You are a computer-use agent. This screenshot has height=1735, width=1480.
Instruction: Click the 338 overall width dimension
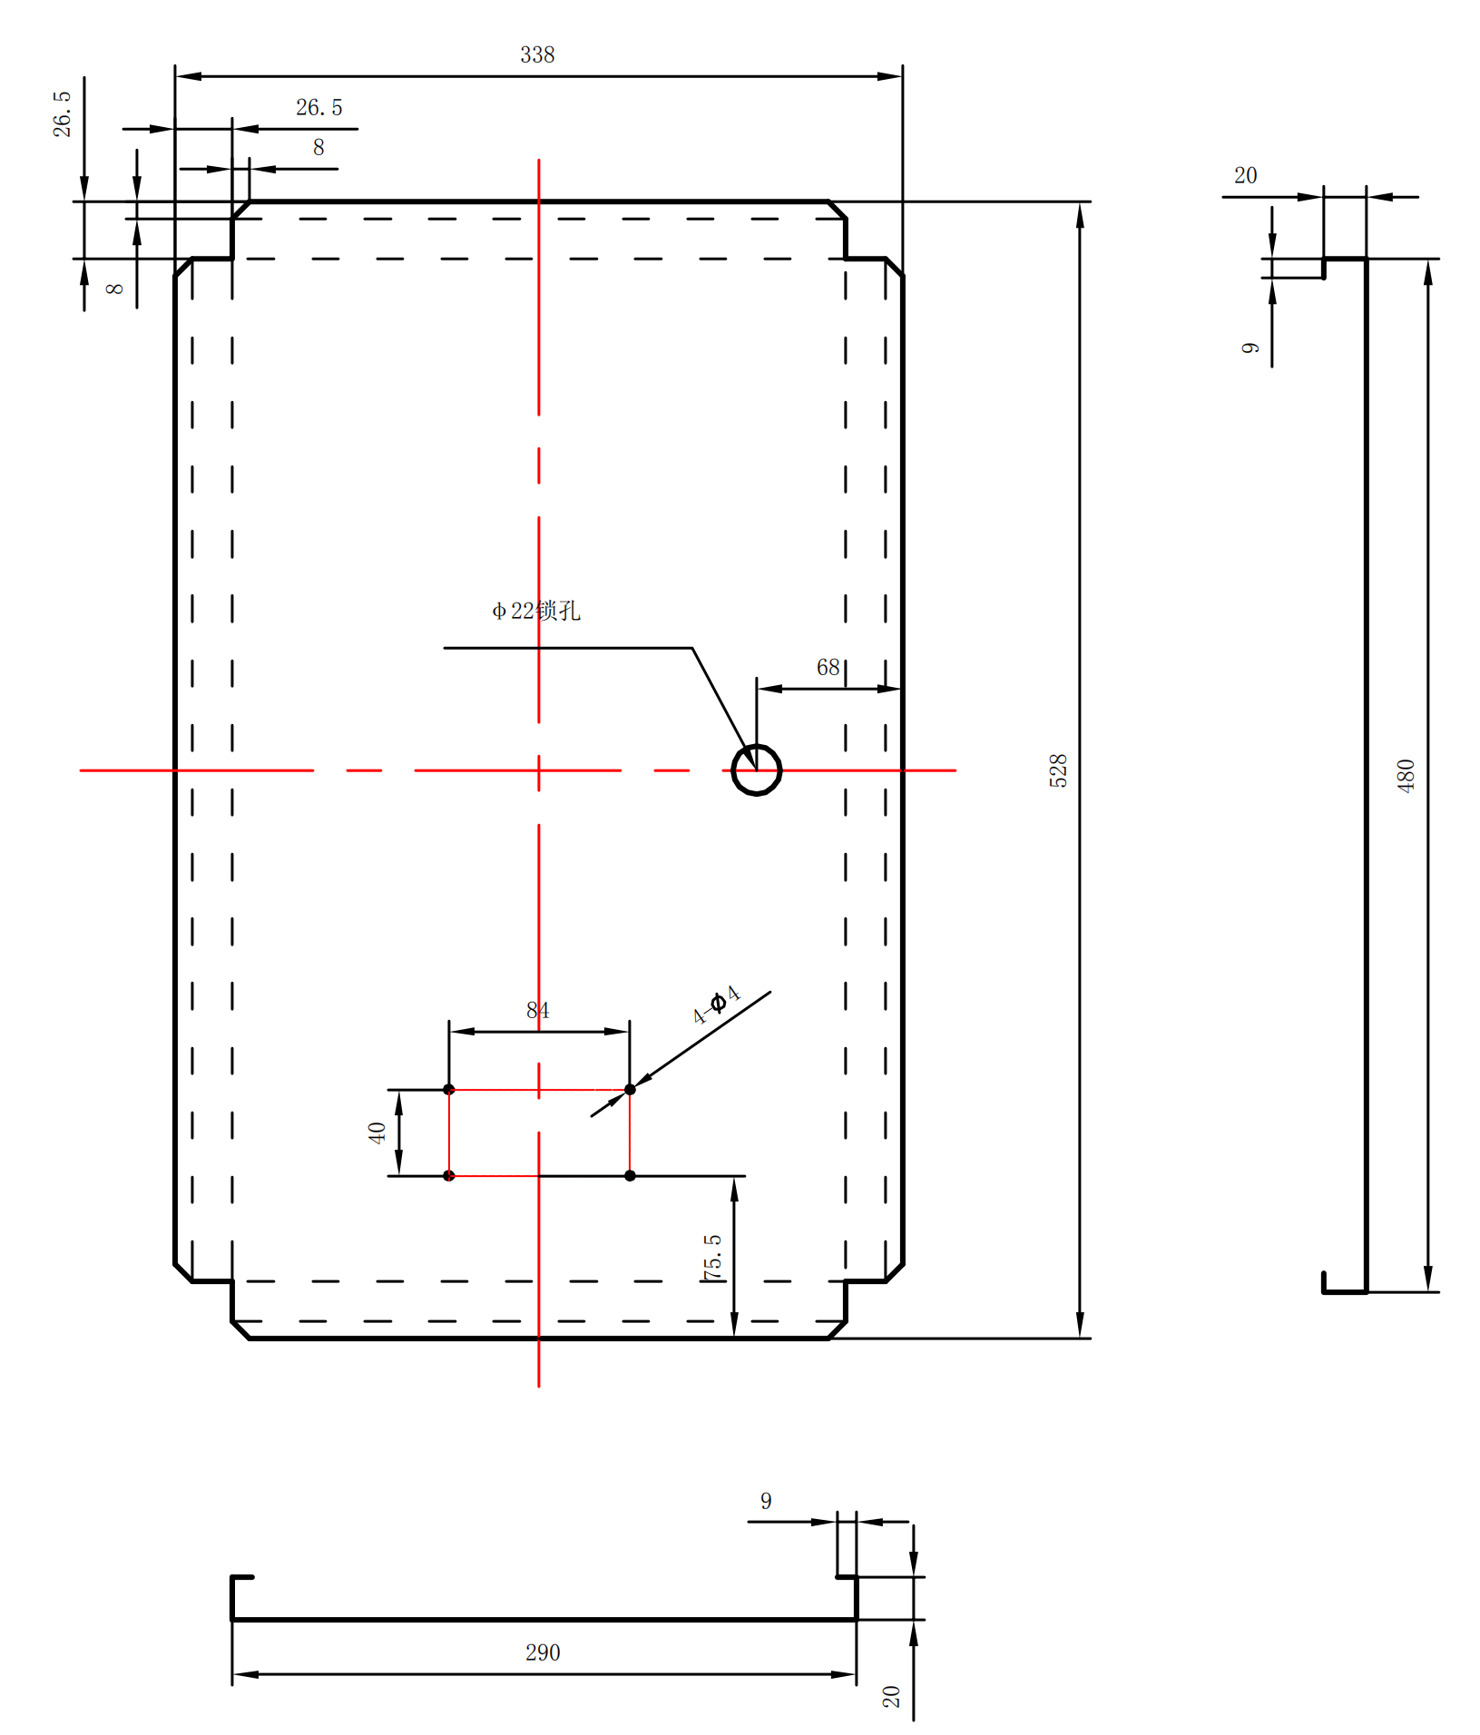click(x=537, y=54)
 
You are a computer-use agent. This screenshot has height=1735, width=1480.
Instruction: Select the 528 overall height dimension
click(x=1058, y=770)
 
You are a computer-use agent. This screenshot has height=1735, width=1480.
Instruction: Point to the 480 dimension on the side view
click(x=1406, y=776)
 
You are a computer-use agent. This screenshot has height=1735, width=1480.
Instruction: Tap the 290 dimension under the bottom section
click(x=543, y=1652)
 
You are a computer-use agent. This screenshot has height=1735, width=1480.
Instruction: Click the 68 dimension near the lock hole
click(x=828, y=668)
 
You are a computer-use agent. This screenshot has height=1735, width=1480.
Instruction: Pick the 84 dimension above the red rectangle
click(x=537, y=1010)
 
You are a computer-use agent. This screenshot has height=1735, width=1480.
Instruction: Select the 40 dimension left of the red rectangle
click(x=377, y=1132)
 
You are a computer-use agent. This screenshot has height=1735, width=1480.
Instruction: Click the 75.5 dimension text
click(x=712, y=1257)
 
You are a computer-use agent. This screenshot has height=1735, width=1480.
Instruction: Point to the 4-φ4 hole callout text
click(x=717, y=1005)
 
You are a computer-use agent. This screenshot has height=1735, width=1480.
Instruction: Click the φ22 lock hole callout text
click(x=535, y=611)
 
